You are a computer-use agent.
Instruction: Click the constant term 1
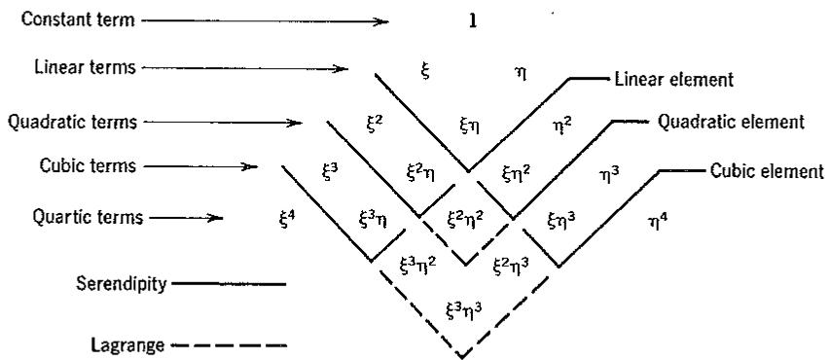click(473, 21)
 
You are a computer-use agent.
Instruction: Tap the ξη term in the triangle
click(470, 126)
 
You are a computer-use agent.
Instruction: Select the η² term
click(562, 126)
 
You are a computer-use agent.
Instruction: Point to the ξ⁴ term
click(287, 217)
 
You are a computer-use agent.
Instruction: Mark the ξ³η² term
click(418, 265)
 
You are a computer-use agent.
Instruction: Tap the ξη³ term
click(562, 219)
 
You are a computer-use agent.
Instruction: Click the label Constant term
click(78, 20)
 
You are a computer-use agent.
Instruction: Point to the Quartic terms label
click(88, 217)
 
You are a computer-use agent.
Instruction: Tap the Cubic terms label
click(88, 165)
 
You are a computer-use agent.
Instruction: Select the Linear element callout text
click(674, 80)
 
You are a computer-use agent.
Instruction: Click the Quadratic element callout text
click(731, 122)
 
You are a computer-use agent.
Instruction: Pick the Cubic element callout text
click(767, 171)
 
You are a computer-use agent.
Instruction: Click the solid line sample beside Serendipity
click(230, 284)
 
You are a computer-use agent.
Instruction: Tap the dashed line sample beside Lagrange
click(230, 346)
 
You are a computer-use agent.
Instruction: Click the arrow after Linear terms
click(245, 68)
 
